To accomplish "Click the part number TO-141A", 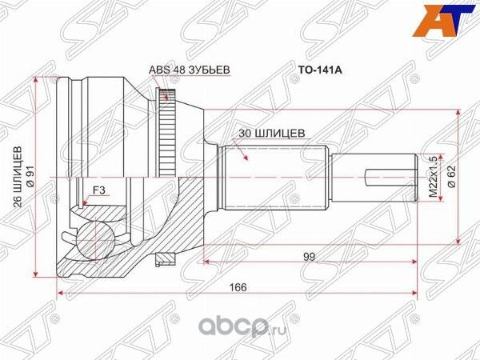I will tap(320, 70).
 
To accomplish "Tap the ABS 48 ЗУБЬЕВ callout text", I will tap(190, 70).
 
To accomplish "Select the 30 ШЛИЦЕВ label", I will tap(272, 134).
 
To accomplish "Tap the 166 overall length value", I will tap(237, 287).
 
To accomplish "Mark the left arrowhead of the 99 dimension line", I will tap(206, 261).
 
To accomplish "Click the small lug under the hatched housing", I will tap(166, 258).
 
